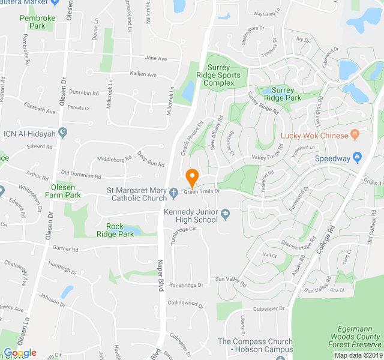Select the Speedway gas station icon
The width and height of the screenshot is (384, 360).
(x=358, y=158)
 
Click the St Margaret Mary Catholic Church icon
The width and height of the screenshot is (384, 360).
(x=173, y=193)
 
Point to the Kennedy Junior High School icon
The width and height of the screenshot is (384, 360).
(x=226, y=213)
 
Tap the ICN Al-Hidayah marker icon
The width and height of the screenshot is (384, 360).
(x=63, y=133)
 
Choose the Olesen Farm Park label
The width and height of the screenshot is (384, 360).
(x=62, y=191)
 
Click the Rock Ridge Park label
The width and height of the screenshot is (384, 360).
(x=119, y=230)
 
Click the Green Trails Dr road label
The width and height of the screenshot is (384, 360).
(x=202, y=192)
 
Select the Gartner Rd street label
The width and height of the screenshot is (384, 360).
(x=65, y=248)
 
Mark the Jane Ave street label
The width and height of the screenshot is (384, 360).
(x=155, y=58)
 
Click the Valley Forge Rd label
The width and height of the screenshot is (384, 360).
(x=267, y=157)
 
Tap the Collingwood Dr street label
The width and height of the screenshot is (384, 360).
(x=185, y=303)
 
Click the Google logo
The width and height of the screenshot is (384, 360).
(x=20, y=353)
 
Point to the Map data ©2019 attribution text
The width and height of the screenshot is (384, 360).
(x=358, y=355)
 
